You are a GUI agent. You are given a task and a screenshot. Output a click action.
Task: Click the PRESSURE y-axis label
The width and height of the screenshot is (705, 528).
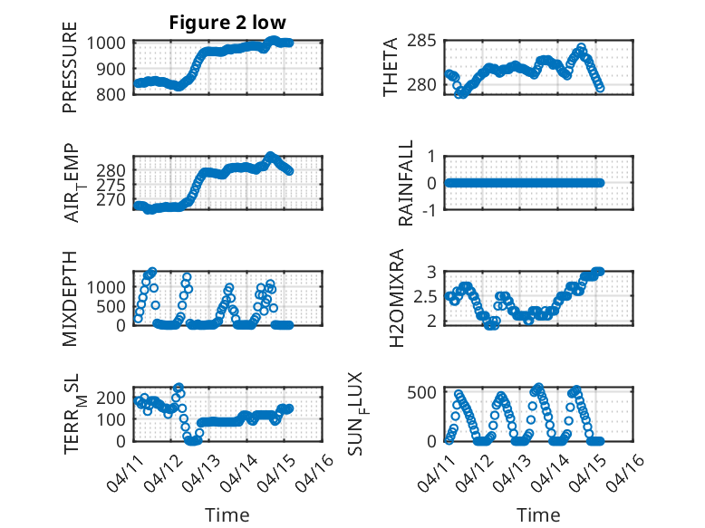click(x=70, y=73)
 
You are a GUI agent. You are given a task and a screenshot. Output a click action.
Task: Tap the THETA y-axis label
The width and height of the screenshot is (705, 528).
click(x=391, y=68)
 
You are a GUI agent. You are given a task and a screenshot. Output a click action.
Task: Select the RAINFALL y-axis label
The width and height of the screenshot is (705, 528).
click(x=407, y=183)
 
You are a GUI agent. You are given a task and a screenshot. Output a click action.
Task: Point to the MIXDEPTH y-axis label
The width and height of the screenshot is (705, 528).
click(x=70, y=299)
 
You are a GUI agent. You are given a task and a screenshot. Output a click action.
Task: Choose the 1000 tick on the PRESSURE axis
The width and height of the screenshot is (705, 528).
click(x=111, y=43)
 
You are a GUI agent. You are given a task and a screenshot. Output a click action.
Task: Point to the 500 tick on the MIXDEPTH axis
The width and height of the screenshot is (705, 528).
click(x=116, y=306)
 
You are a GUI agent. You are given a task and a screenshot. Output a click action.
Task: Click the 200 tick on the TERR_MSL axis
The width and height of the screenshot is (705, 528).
click(x=116, y=398)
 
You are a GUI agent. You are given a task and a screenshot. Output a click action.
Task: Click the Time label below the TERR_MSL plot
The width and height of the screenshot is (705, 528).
click(x=227, y=514)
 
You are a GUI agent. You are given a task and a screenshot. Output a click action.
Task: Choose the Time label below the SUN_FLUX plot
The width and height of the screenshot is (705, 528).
click(x=538, y=514)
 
